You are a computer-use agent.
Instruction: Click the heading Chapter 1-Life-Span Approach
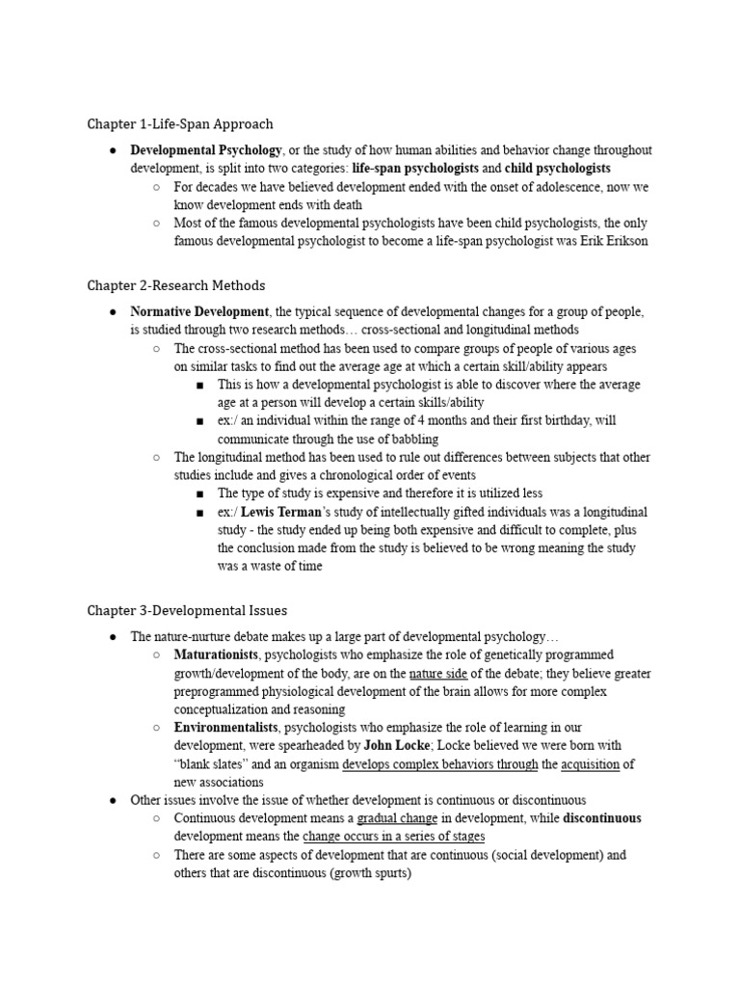[x=180, y=124]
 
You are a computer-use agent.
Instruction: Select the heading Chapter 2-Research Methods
[x=176, y=286]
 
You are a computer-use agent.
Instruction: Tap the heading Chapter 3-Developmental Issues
[x=187, y=611]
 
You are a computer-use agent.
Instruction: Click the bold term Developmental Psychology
[x=206, y=150]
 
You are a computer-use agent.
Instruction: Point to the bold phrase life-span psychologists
[x=415, y=168]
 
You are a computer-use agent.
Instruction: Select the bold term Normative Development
[x=199, y=312]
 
